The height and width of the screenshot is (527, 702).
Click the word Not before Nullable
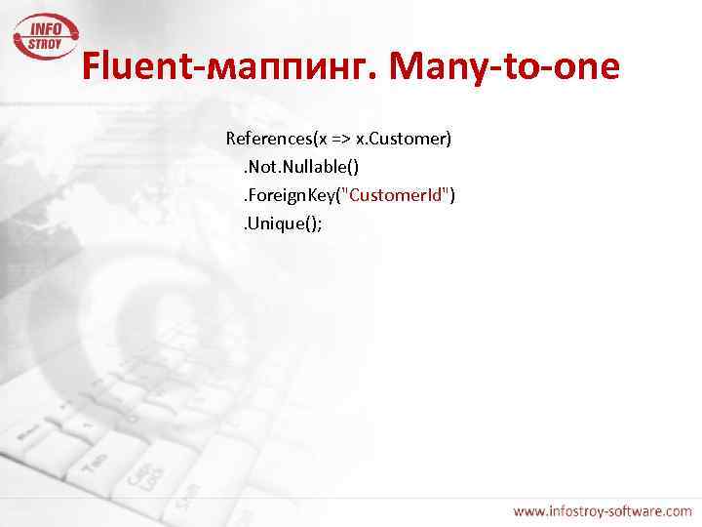pyautogui.click(x=264, y=168)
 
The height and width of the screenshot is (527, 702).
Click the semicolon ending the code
pyautogui.click(x=319, y=223)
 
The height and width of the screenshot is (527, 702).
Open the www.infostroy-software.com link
pyautogui.click(x=603, y=510)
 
